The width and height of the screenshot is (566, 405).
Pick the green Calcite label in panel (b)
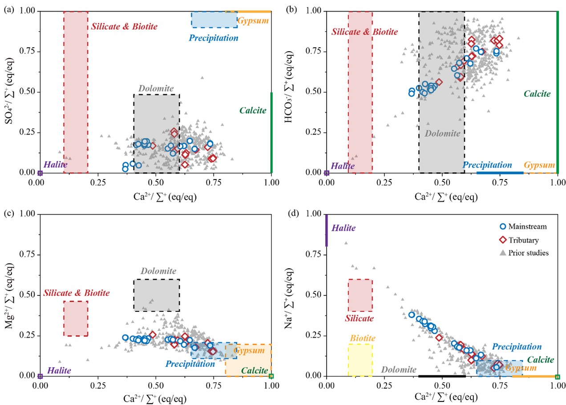[x=537, y=94]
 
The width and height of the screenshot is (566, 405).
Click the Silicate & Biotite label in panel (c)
[x=76, y=293]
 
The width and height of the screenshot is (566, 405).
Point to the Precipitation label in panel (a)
[x=214, y=38]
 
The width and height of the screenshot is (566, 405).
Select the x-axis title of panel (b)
[x=442, y=196]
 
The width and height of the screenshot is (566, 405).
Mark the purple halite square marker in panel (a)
[x=40, y=173]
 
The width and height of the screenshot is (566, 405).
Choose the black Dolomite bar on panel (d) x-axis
[x=442, y=376]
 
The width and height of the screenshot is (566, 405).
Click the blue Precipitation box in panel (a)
[x=214, y=20]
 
